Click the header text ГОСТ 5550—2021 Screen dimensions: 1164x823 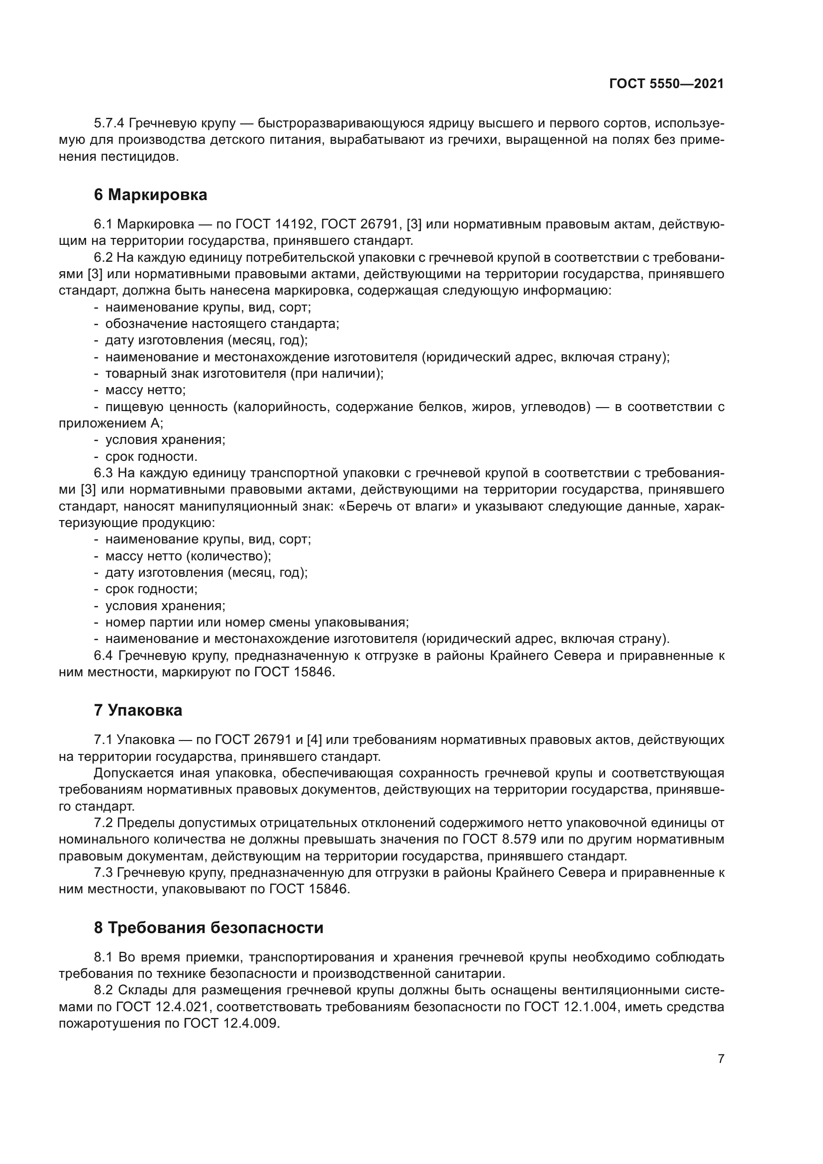tap(666, 84)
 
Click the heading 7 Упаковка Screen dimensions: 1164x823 tap(138, 710)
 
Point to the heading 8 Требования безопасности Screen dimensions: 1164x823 tap(208, 928)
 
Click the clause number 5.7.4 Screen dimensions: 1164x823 tap(109, 123)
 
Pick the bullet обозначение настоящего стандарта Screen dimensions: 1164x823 tap(222, 324)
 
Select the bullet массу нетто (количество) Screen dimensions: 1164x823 tap(188, 556)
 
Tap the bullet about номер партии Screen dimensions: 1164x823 tap(256, 623)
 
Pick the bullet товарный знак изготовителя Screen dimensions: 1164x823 tap(244, 374)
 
